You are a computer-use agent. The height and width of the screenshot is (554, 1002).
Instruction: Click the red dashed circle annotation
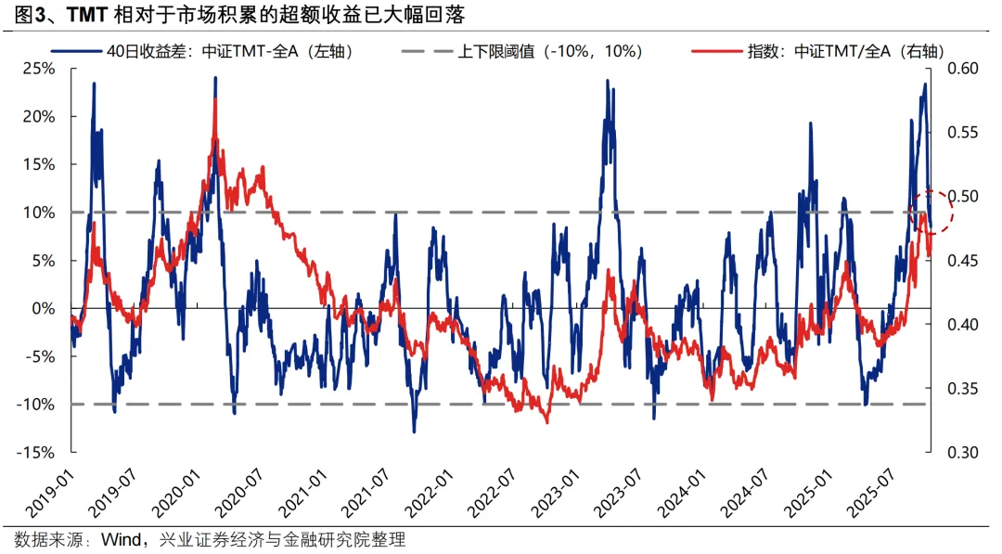click(933, 213)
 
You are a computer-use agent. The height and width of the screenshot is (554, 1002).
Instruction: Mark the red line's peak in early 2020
click(215, 97)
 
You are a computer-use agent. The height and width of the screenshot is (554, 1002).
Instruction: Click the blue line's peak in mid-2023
click(608, 81)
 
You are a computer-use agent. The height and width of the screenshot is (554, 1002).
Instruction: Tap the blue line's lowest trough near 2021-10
click(414, 431)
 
